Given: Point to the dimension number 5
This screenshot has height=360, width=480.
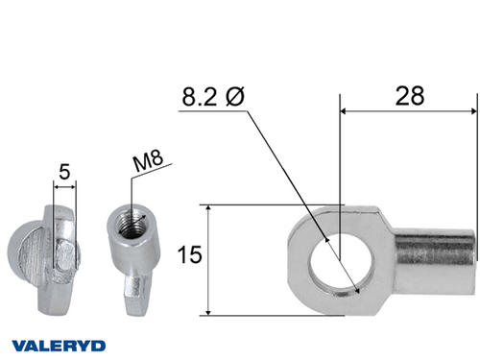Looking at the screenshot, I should point(64,173).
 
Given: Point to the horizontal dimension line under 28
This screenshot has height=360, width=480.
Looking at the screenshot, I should point(407,110).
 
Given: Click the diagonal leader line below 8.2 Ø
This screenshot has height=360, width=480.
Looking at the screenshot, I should point(288,173).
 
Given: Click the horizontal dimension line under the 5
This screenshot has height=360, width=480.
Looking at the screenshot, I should point(65,188).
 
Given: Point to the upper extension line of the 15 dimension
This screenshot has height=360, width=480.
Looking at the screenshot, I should point(259,204).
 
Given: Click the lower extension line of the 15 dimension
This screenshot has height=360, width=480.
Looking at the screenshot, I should point(259,314).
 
